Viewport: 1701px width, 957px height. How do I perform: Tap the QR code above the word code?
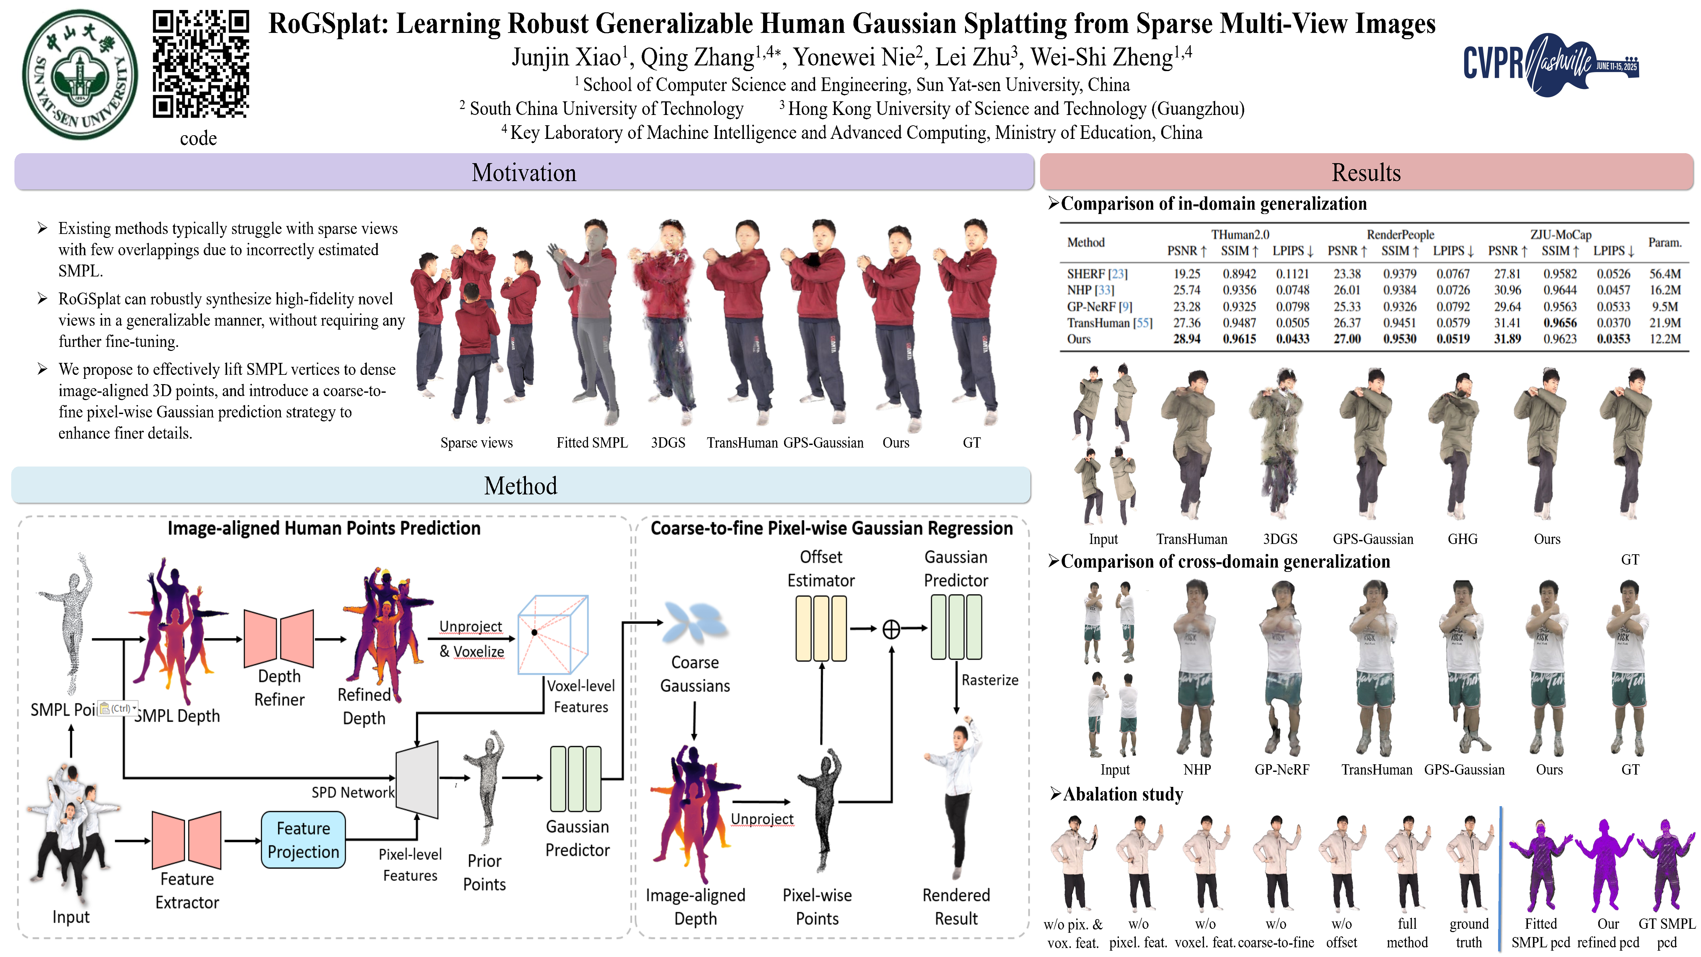(201, 64)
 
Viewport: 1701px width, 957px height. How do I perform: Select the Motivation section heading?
(524, 172)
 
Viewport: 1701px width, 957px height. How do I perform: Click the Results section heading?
(1365, 172)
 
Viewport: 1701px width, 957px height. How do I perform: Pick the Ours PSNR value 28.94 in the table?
(1187, 339)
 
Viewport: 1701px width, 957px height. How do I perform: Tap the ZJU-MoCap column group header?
(1560, 235)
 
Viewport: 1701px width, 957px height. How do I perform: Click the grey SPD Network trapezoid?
(417, 779)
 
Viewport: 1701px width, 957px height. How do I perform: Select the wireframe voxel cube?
(553, 634)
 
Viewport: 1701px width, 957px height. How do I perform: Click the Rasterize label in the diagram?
(989, 680)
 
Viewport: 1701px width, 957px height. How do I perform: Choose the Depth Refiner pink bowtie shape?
(279, 638)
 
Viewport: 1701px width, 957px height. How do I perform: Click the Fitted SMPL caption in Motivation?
(592, 443)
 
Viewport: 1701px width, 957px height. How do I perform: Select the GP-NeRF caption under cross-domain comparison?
(1282, 770)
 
